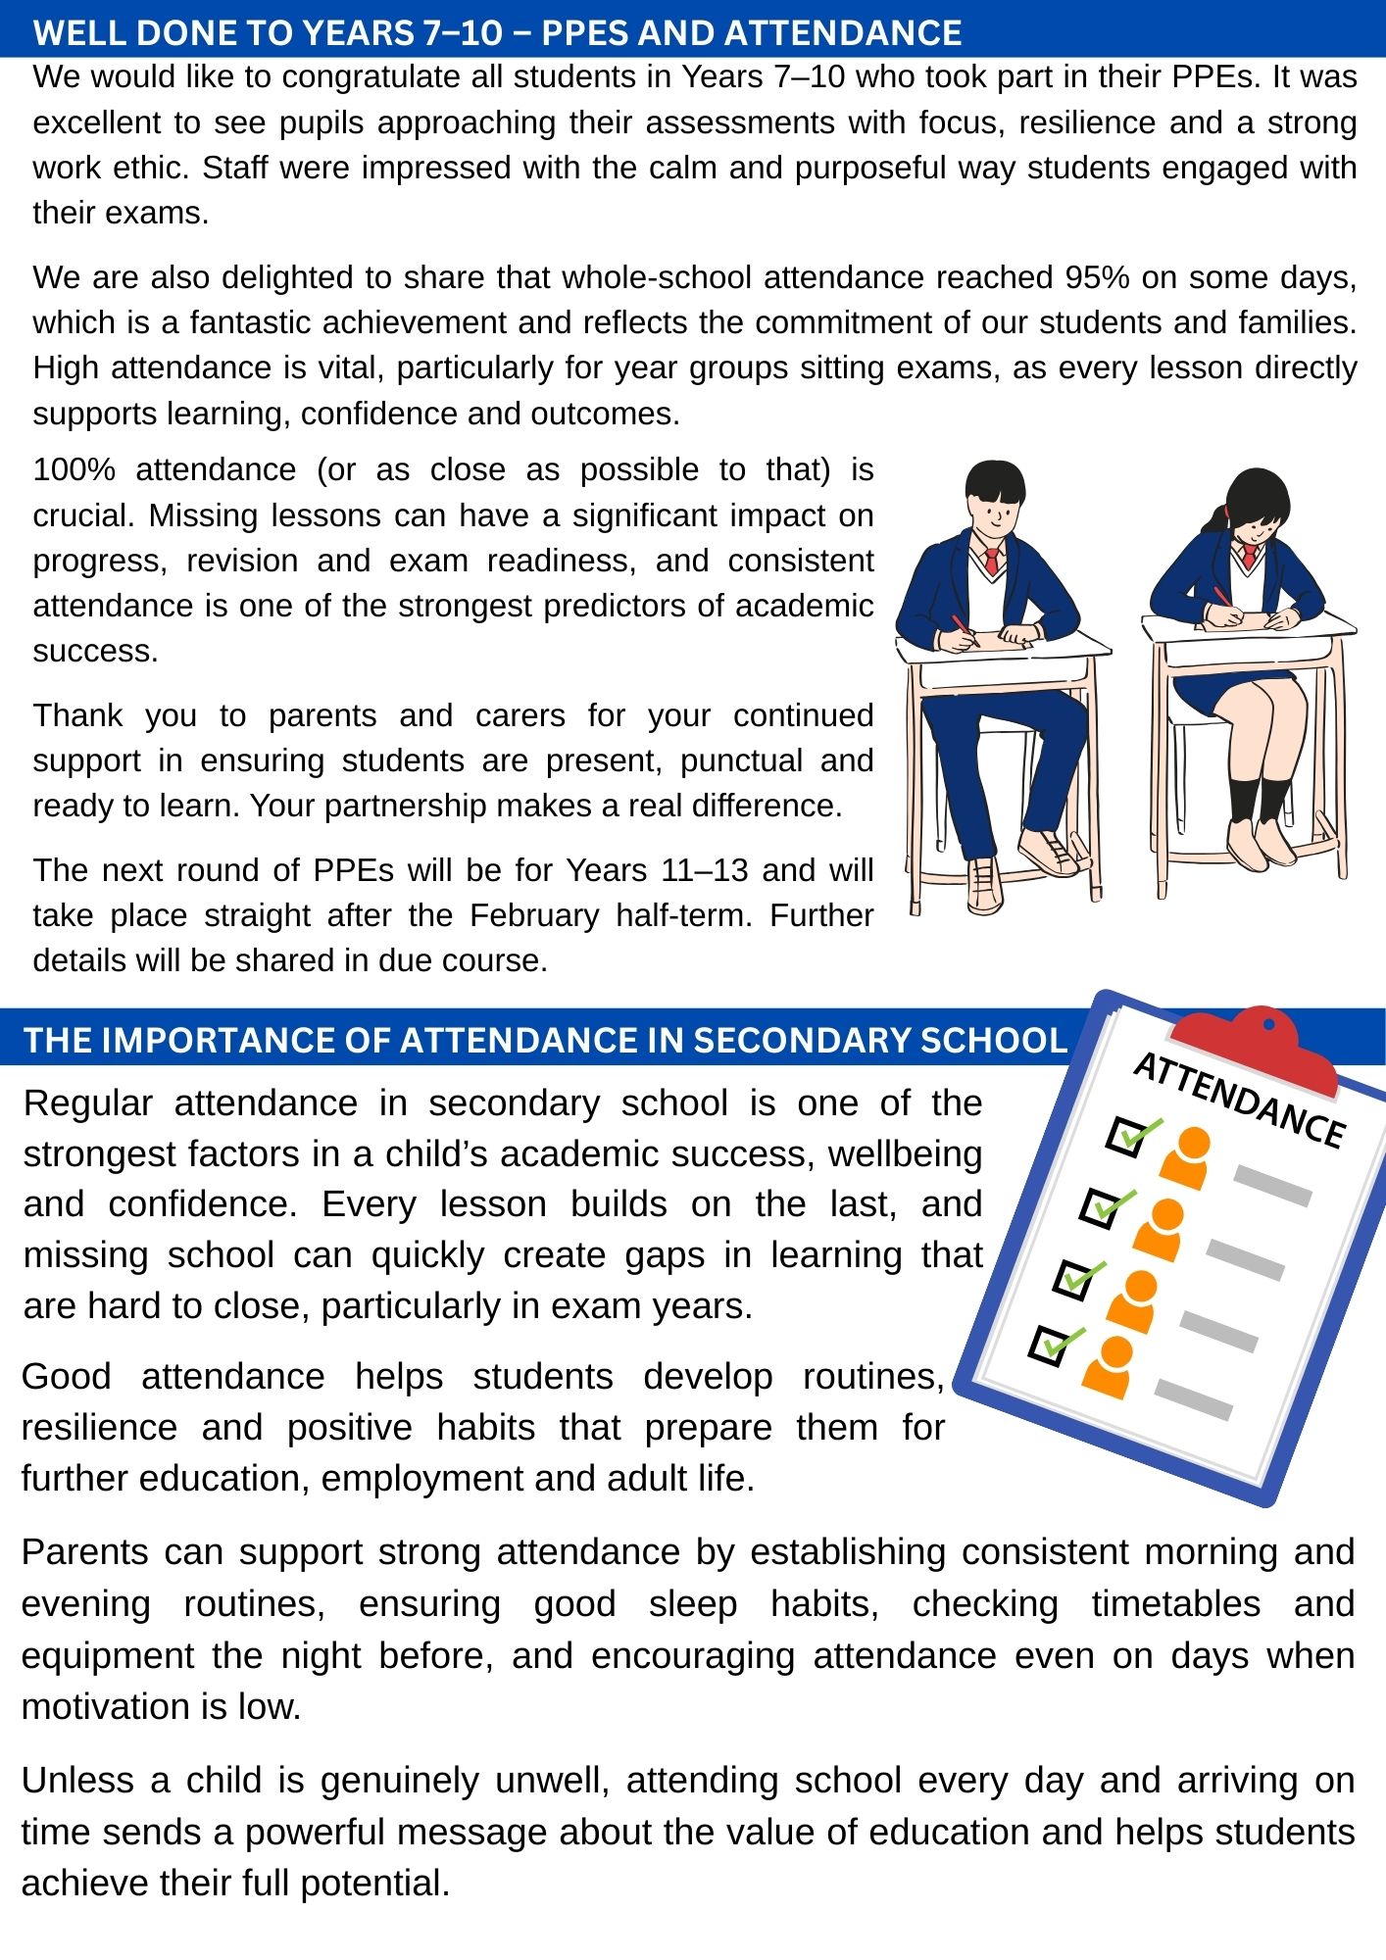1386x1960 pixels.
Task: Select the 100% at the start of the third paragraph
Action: (x=74, y=469)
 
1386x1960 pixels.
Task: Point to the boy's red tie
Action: (x=992, y=562)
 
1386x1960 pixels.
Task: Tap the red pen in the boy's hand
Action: (x=963, y=629)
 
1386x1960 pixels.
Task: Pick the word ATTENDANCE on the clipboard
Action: (x=1238, y=1100)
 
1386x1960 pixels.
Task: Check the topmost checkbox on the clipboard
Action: (x=1127, y=1137)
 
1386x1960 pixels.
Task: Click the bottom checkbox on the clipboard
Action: (x=1050, y=1345)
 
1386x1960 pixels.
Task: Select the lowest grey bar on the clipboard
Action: (x=1193, y=1399)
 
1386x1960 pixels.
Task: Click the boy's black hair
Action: (x=994, y=479)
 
